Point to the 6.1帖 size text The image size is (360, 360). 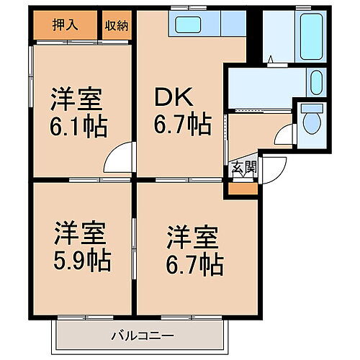click(78, 127)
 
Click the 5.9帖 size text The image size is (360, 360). click(81, 259)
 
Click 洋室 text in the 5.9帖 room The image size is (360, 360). click(81, 233)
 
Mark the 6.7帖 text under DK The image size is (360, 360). click(181, 126)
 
